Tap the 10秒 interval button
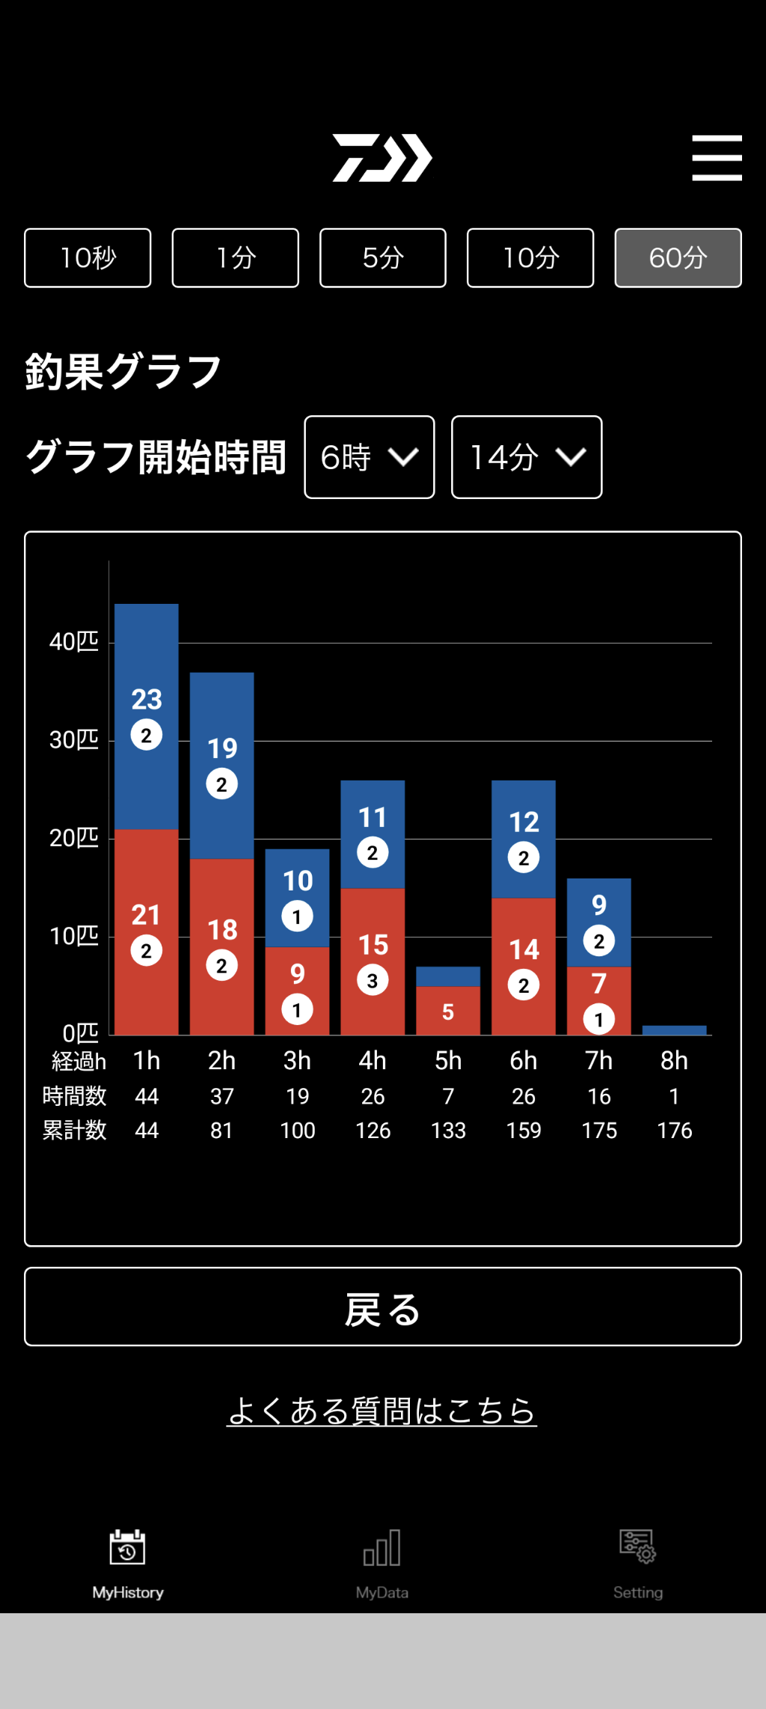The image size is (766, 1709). (x=88, y=258)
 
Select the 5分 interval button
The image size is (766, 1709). (x=383, y=258)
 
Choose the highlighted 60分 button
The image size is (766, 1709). (x=678, y=258)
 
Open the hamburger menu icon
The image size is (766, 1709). (x=717, y=158)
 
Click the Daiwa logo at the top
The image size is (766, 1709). (x=382, y=158)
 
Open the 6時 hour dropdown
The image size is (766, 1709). (x=370, y=457)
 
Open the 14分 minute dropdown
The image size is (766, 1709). (x=527, y=457)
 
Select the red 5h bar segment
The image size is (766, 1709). (x=448, y=1010)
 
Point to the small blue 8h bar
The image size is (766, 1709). (x=674, y=1030)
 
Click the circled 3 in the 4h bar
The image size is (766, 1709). (x=373, y=981)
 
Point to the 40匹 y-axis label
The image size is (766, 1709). (x=73, y=642)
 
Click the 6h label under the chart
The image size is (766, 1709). (x=524, y=1060)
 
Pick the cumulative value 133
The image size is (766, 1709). (x=448, y=1130)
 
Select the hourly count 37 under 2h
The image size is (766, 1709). (x=221, y=1096)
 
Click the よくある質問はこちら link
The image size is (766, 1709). (x=382, y=1411)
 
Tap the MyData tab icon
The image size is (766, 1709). (x=382, y=1548)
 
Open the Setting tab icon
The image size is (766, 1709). (x=637, y=1547)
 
